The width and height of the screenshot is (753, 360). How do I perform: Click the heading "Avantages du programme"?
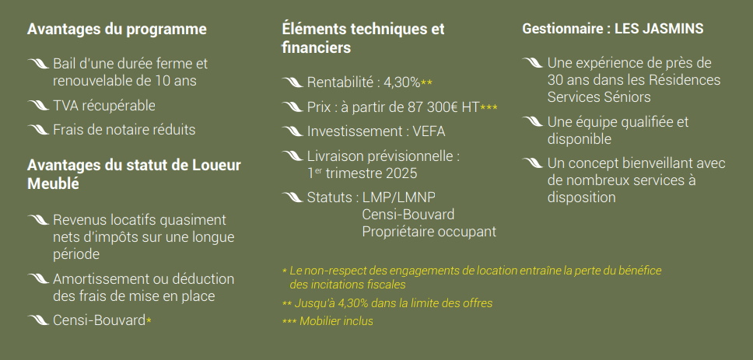(x=117, y=30)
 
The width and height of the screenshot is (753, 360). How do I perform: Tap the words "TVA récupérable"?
(x=104, y=105)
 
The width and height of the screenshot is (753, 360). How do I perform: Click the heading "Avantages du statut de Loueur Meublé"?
(x=134, y=174)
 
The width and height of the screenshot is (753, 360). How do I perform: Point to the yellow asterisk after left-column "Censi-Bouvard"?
(x=149, y=320)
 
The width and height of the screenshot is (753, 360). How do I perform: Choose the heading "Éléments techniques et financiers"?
(x=362, y=38)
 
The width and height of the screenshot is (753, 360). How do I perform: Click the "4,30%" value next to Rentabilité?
(x=401, y=82)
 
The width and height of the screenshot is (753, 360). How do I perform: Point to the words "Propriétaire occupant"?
(x=429, y=231)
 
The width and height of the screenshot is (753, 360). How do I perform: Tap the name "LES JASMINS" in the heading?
(x=659, y=29)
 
